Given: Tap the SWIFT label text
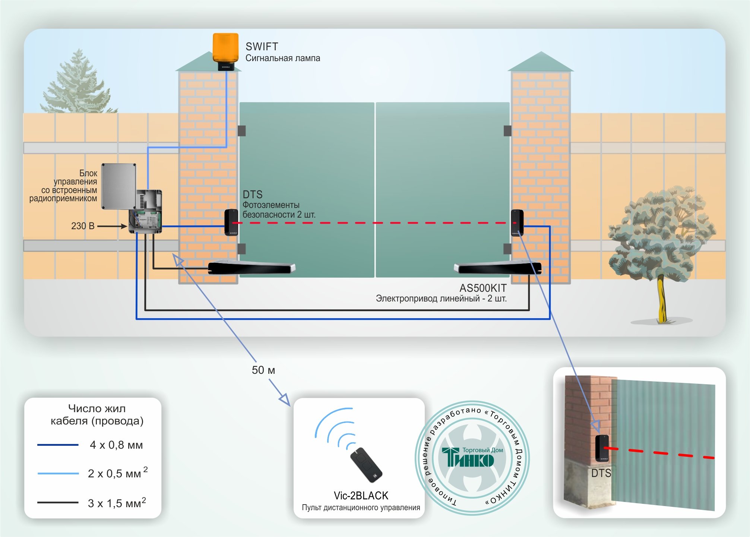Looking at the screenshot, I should point(262,47).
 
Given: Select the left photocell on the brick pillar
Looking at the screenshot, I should point(231,222).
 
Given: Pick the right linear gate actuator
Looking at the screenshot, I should point(497,268).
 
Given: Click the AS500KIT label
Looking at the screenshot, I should point(482,288).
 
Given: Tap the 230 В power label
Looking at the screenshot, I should point(83,226).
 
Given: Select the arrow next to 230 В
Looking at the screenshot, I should point(112,226).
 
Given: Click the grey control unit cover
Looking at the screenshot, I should point(119,186).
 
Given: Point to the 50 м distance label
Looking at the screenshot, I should point(263,370).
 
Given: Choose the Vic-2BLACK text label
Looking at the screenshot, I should point(361,496).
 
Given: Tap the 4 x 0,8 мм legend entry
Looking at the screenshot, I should point(116,445).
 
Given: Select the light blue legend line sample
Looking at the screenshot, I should point(58,473).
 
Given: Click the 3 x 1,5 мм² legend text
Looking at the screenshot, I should point(117,503).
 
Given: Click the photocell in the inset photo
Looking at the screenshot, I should point(601,448).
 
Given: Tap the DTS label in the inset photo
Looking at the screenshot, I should point(601,473).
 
